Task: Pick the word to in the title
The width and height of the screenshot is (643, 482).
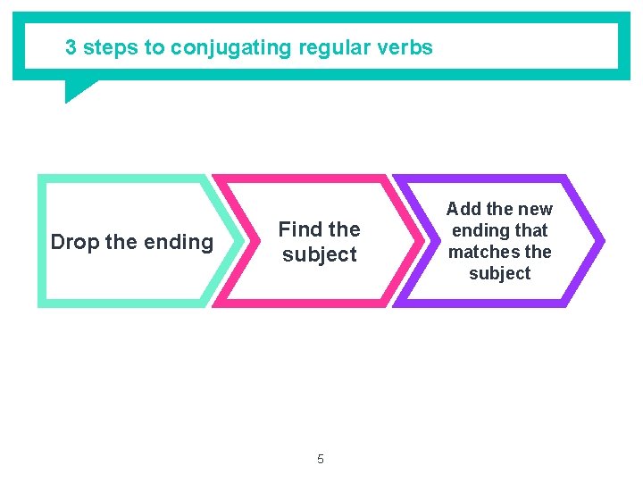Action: tap(155, 48)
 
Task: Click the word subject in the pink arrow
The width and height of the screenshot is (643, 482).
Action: tap(319, 254)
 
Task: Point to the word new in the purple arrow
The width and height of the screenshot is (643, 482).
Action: tap(535, 209)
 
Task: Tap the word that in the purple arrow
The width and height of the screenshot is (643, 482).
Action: tap(530, 230)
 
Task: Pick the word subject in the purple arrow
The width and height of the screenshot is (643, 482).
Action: tap(499, 274)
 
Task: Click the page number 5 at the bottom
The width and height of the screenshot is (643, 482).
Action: tap(321, 460)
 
